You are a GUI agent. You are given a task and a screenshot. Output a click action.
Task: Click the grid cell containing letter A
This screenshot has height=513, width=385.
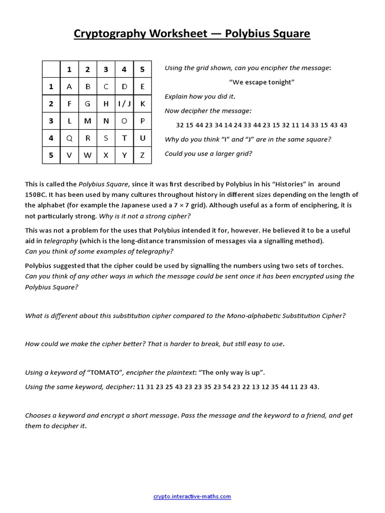[x=69, y=86]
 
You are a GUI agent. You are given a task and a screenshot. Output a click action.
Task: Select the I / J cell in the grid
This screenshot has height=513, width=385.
[x=124, y=104]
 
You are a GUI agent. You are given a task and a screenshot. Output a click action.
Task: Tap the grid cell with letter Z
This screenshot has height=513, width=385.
[x=142, y=155]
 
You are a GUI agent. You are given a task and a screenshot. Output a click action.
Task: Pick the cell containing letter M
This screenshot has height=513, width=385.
[x=88, y=121]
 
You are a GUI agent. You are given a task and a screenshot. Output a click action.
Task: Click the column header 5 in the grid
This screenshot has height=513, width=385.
[x=142, y=69]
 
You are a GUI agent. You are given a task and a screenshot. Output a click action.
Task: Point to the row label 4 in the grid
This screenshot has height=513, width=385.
[x=51, y=138]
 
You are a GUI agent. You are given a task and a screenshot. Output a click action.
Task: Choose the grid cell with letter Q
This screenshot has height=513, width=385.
[x=69, y=138]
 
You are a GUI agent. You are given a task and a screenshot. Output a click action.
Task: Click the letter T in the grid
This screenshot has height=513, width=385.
[x=124, y=138]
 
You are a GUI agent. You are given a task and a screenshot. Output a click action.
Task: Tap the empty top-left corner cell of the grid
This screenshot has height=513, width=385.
[x=51, y=69]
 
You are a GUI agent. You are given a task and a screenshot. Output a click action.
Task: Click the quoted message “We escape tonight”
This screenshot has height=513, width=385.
[x=262, y=82]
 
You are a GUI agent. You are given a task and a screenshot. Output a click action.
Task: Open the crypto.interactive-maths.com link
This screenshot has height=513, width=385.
[x=192, y=496]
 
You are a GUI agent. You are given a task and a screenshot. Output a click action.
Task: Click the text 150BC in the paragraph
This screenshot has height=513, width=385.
[x=36, y=194]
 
